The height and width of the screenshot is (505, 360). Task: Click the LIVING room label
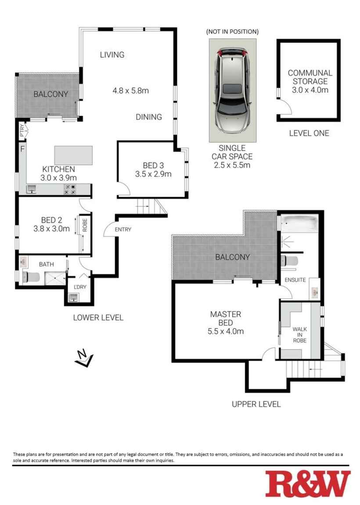[112, 55]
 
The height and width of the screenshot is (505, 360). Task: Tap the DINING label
[149, 117]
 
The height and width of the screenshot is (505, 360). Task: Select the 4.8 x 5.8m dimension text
[131, 91]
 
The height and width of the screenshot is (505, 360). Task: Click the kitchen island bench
[73, 155]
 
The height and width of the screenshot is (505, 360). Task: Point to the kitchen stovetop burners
[70, 189]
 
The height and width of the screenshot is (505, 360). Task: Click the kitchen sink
[31, 189]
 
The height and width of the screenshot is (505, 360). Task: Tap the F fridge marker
[22, 149]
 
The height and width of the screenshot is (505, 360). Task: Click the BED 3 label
[153, 166]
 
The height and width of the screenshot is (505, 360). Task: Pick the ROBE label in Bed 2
[85, 225]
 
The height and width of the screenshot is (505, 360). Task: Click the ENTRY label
[123, 229]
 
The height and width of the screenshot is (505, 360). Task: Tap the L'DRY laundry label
[80, 287]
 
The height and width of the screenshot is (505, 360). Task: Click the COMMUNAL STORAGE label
[310, 77]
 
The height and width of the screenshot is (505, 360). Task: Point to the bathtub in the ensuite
[299, 223]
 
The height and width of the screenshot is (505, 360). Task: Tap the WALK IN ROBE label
[300, 335]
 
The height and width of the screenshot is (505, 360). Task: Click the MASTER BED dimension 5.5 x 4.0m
[226, 332]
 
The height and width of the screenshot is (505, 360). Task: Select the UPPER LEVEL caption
[256, 404]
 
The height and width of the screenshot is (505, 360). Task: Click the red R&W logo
[308, 484]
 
